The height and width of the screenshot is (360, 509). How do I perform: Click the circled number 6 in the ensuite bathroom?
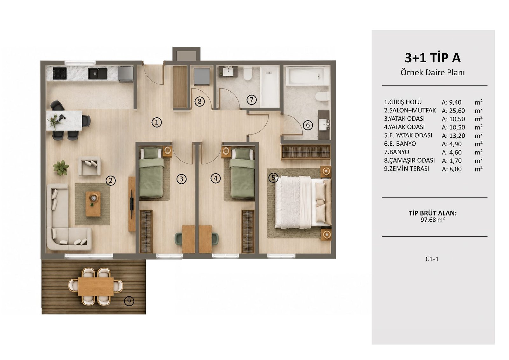(x=308, y=125)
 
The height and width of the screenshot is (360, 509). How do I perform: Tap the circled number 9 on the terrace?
(x=129, y=301)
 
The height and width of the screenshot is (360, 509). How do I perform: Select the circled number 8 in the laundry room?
(x=200, y=101)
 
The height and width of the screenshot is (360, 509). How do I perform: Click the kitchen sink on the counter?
(x=98, y=73)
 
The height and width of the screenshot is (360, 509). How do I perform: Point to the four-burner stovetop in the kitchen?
(x=60, y=73)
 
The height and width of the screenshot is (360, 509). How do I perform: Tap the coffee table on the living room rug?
(x=93, y=204)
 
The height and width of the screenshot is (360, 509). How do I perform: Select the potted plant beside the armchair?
(x=61, y=168)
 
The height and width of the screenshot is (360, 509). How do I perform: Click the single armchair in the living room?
(x=89, y=166)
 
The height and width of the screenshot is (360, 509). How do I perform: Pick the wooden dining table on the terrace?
(x=96, y=287)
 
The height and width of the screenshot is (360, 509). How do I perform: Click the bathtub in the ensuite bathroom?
(x=307, y=76)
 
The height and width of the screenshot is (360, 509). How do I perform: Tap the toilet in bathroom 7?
(x=248, y=73)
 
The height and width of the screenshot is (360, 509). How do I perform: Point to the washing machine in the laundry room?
(x=202, y=76)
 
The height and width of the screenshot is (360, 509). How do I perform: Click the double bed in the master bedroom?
(x=303, y=202)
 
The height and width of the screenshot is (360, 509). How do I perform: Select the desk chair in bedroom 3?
(x=178, y=239)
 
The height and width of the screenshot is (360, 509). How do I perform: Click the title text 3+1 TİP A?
(x=433, y=58)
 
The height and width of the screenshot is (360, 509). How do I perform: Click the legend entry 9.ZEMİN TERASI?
(x=407, y=169)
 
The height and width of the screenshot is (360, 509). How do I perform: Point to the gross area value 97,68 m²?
(x=432, y=220)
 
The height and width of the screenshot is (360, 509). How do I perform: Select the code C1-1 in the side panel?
(x=432, y=259)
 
